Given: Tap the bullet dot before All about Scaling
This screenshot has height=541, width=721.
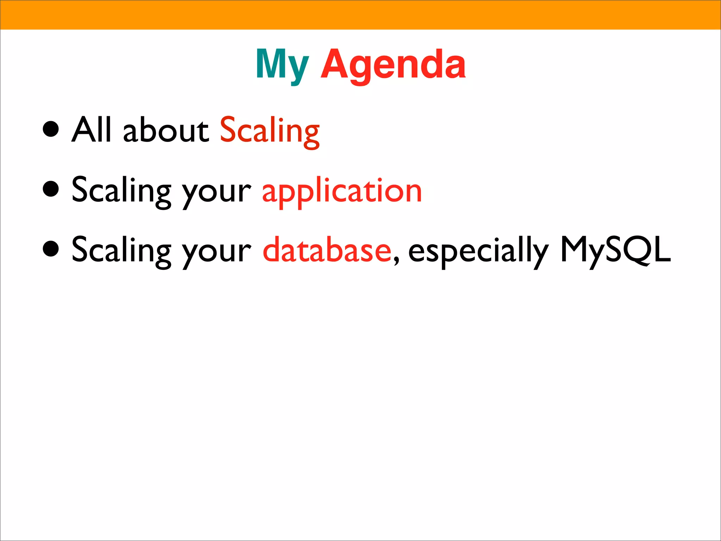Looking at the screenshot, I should point(51,129).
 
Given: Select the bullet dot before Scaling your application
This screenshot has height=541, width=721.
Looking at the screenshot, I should point(51,189).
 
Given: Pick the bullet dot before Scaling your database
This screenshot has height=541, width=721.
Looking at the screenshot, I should point(51,249).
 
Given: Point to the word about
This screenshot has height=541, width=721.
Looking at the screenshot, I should point(166,130).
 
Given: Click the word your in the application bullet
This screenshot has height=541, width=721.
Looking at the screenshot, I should point(216,194).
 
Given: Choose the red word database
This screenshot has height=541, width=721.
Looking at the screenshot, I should point(327,250).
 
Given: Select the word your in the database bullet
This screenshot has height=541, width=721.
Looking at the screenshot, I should point(216,254).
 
